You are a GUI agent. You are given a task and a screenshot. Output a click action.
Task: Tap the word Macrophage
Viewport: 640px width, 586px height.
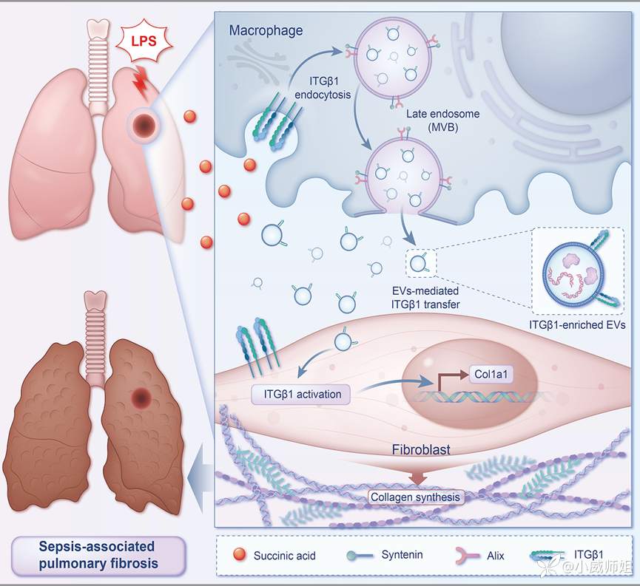[266, 31]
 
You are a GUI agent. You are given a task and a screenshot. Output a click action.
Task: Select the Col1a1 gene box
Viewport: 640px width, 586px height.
[492, 375]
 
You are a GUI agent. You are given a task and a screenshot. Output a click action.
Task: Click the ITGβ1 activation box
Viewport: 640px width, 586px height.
[303, 395]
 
